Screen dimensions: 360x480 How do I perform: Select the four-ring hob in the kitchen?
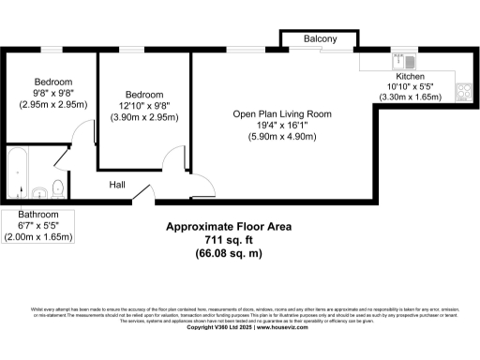(463, 91)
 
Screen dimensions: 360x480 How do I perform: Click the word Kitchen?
(410, 77)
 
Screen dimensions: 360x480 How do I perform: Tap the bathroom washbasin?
(40, 193)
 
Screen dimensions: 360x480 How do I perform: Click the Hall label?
(118, 185)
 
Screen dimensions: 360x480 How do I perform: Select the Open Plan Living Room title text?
(282, 114)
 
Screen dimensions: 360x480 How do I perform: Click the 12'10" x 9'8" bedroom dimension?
(144, 107)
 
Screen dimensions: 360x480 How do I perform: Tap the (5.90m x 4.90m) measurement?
(282, 137)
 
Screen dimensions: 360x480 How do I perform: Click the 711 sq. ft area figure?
(229, 241)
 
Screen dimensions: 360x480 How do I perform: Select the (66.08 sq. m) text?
(229, 254)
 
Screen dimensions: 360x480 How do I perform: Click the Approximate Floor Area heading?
(229, 228)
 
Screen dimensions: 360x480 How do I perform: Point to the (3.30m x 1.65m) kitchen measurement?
(410, 97)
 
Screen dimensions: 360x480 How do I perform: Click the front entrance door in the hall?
(143, 195)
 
